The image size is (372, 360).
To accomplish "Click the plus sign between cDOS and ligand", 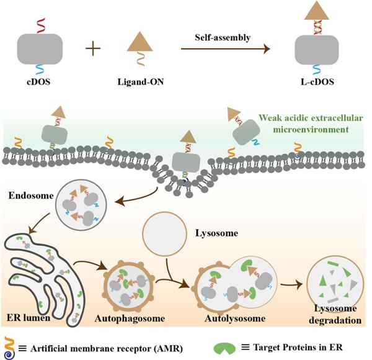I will (94, 48).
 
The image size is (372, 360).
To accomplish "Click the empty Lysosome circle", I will (165, 236).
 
